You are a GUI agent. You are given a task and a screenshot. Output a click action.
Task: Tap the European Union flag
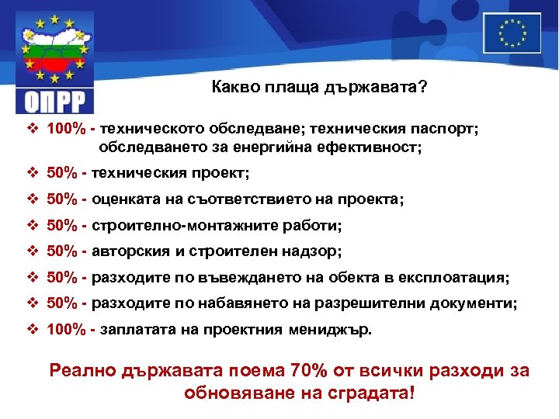coord(512,33)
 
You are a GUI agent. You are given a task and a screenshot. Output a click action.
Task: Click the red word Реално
coord(82,370)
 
